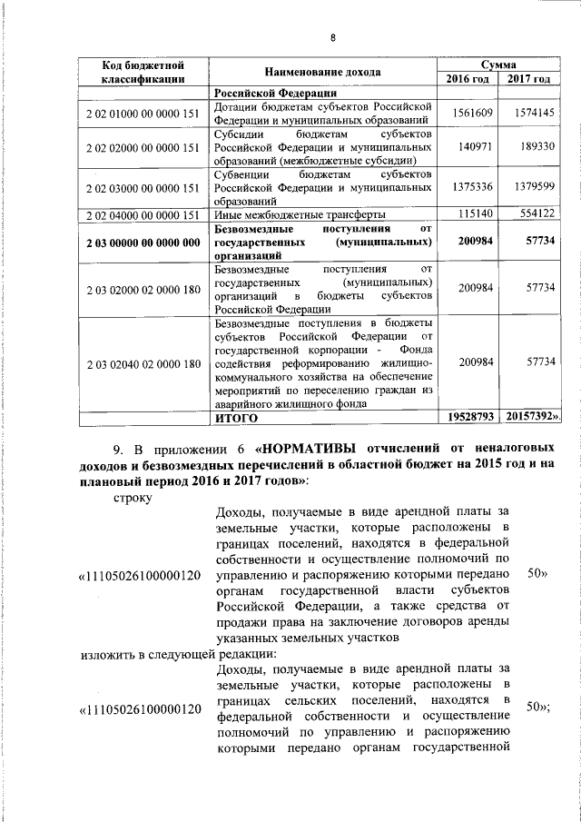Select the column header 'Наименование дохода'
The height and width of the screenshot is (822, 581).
(322, 72)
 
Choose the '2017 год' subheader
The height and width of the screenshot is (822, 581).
(529, 79)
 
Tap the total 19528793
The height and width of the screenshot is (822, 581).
(470, 418)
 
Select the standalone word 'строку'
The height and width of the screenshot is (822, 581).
(133, 497)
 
